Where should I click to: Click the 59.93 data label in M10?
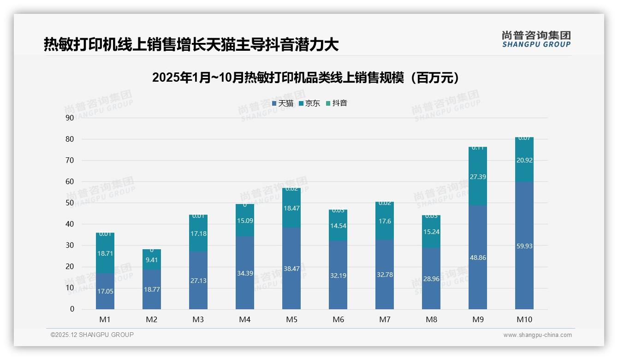click(524, 246)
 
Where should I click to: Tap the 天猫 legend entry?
click(283, 103)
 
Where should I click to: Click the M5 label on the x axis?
click(291, 319)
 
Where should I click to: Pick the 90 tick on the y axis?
click(70, 118)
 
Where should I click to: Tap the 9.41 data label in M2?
click(152, 260)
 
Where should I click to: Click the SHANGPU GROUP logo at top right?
click(536, 39)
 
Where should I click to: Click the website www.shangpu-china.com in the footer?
click(537, 335)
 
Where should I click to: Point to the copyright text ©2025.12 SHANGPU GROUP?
click(92, 335)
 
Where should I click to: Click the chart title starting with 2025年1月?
click(306, 78)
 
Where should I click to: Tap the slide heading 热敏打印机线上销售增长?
click(191, 44)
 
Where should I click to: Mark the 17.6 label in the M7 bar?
click(385, 221)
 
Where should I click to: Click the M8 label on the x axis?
click(431, 319)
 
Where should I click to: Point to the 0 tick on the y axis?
click(72, 309)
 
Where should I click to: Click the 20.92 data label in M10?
click(524, 160)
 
